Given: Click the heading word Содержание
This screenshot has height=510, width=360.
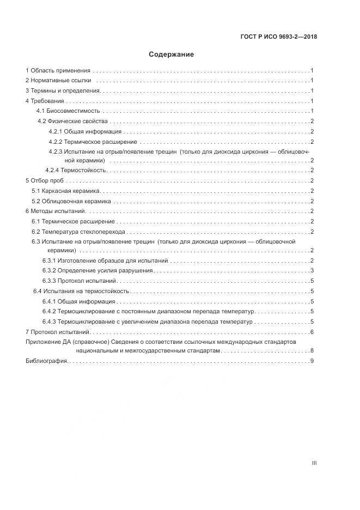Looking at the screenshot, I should pos(171,54).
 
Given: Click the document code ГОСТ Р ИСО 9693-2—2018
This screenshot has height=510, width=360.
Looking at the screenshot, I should pos(278,37).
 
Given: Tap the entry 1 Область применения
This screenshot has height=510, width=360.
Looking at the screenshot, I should pos(58,71).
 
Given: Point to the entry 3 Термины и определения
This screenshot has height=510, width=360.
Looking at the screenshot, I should pos(62,91).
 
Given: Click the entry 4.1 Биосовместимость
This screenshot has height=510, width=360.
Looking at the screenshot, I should pos(68,111).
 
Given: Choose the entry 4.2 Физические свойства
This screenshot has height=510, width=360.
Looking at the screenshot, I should pos(72,121).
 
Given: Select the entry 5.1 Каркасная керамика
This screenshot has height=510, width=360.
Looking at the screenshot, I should pos(66,191).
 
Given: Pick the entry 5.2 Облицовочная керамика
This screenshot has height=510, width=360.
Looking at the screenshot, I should pos(71,201).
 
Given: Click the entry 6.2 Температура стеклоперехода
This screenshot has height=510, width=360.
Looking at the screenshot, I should pos(78,231).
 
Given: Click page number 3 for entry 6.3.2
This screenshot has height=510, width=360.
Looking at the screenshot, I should pos(312,271).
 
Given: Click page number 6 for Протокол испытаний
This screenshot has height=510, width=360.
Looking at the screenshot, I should pos(312,331).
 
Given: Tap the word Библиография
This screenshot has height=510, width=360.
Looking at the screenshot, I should pos(46,361).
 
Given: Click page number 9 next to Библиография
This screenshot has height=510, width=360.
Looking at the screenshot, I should pos(312,361).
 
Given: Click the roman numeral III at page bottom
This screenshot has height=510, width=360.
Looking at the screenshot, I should pos(314,463).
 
